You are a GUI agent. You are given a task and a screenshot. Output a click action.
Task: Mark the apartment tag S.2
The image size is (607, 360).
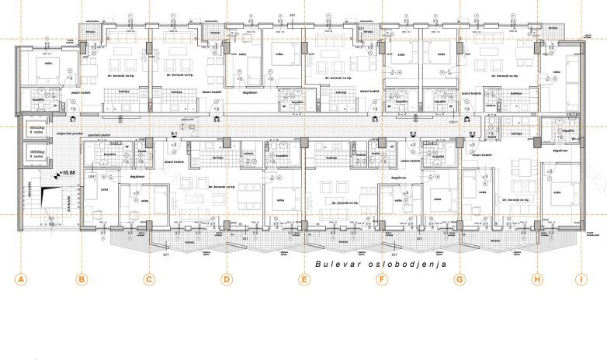coord(435,134)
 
